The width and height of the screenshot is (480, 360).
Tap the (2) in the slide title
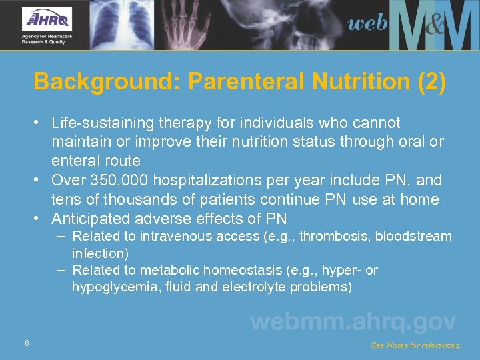[x=432, y=83]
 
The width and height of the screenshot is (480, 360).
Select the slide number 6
[x=26, y=343]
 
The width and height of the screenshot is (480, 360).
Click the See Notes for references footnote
[x=415, y=345]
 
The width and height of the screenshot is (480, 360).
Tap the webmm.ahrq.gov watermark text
[x=353, y=321]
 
